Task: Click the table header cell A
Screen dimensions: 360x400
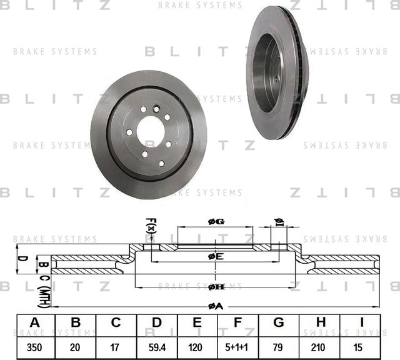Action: pyautogui.click(x=35, y=322)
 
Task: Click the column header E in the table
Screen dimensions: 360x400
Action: pyautogui.click(x=197, y=322)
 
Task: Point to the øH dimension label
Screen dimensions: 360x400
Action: pyautogui.click(x=216, y=286)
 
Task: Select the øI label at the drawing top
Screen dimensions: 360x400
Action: pyautogui.click(x=279, y=222)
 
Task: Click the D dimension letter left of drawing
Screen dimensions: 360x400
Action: pyautogui.click(x=20, y=257)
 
